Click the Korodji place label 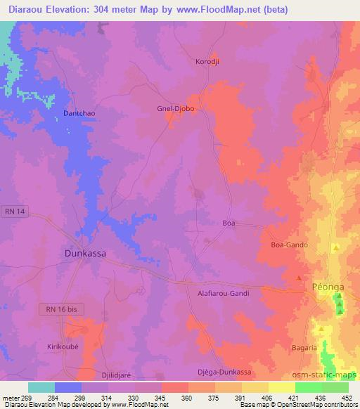(208, 62)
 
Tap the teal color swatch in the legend (41, 387)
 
